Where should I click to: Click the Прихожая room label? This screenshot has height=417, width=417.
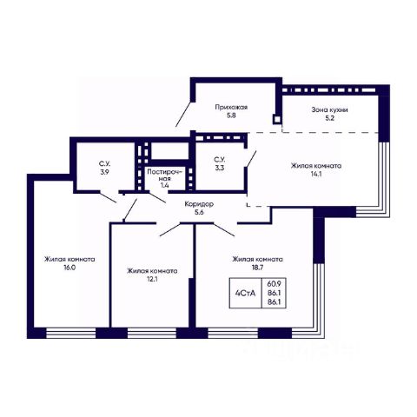pos(231,108)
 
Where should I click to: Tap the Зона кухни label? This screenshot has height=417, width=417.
pos(329,110)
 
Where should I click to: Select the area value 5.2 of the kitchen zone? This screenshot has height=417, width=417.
pos(330,118)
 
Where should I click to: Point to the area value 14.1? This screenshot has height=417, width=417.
pos(316,175)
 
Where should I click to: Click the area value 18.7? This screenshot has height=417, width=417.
pos(257,268)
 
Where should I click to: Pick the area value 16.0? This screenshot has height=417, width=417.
pos(69,268)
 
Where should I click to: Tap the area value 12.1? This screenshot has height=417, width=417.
pos(152,279)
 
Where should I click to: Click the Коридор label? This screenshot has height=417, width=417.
pos(199,204)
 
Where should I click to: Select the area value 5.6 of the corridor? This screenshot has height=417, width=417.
pos(199,212)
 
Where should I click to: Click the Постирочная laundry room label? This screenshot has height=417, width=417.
pos(165,175)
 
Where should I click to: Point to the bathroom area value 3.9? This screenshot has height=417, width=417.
pos(104,172)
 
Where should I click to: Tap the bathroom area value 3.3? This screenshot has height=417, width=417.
pos(220,168)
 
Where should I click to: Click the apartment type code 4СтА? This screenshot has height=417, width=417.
pos(246,294)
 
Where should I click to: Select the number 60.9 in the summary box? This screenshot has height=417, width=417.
pos(274,283)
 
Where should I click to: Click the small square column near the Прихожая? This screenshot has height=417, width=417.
pos(277,119)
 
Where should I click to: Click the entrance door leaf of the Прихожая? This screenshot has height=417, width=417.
pos(183,114)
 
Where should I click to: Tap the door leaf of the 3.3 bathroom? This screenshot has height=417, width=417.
pos(251,159)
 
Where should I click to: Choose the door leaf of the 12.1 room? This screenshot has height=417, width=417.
pos(170,229)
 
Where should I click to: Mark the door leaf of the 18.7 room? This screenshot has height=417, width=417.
pos(224,230)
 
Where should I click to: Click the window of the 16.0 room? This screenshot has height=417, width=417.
pos(71,333)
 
